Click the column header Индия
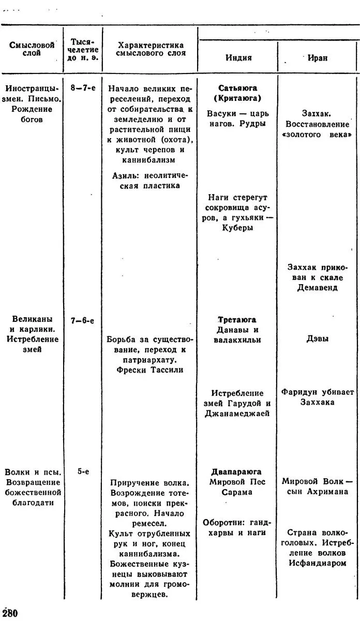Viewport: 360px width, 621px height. [x=238, y=57]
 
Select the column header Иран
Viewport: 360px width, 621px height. [x=317, y=58]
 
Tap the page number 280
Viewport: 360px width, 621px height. [x=9, y=613]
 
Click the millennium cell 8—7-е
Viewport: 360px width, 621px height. [x=83, y=88]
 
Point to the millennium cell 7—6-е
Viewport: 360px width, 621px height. [x=83, y=321]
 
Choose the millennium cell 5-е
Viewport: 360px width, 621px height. [x=83, y=471]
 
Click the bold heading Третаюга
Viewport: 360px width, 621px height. [x=237, y=320]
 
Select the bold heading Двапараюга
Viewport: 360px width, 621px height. [x=236, y=472]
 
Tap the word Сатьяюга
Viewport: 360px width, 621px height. [x=237, y=88]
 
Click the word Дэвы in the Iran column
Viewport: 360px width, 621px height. [x=318, y=339]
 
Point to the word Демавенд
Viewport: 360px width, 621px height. [x=318, y=288]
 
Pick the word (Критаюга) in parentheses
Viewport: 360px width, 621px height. [x=237, y=98]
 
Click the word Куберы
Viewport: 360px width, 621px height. [x=238, y=228]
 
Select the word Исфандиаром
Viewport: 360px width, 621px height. [x=318, y=563]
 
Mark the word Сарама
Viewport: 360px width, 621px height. [x=237, y=492]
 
